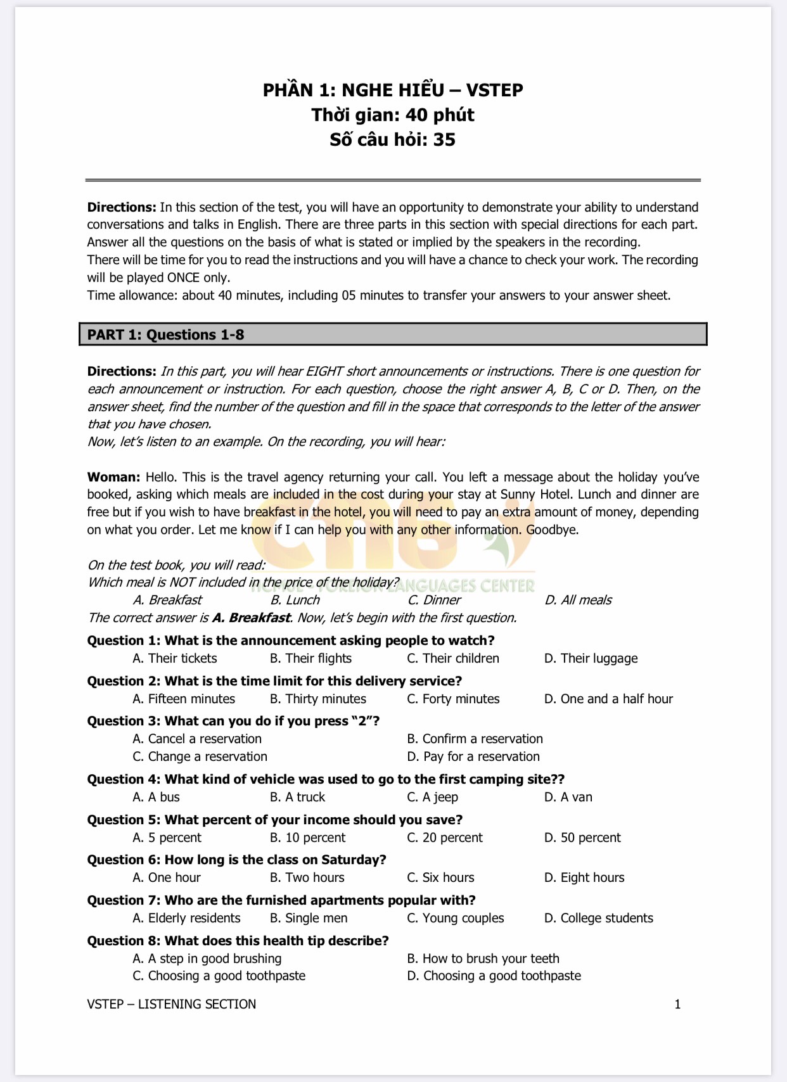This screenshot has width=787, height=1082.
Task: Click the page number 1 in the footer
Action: pyautogui.click(x=677, y=1004)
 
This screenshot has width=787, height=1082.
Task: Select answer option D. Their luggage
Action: pyautogui.click(x=591, y=658)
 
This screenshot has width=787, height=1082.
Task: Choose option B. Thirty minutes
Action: pyautogui.click(x=318, y=699)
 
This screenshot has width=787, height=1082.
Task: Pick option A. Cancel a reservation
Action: pyautogui.click(x=197, y=739)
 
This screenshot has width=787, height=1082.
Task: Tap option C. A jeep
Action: pyautogui.click(x=432, y=797)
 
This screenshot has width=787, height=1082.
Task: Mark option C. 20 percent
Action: pyautogui.click(x=445, y=837)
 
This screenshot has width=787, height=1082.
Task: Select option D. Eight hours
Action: pyautogui.click(x=584, y=877)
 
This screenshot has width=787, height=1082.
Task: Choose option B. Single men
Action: pyautogui.click(x=309, y=918)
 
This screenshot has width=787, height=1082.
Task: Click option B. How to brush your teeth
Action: pyautogui.click(x=483, y=958)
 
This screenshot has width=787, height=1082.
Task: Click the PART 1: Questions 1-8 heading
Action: pyautogui.click(x=166, y=334)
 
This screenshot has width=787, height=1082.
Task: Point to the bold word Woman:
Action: pyautogui.click(x=114, y=477)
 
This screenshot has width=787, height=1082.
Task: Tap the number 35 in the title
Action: pyautogui.click(x=444, y=139)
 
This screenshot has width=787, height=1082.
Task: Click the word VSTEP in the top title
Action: pyautogui.click(x=494, y=90)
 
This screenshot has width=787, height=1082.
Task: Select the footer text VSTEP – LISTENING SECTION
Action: pyautogui.click(x=172, y=1004)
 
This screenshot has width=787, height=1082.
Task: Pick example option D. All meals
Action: pyautogui.click(x=579, y=600)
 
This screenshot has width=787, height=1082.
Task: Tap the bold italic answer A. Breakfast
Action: pyautogui.click(x=251, y=618)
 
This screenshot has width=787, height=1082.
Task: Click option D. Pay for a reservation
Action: pyautogui.click(x=473, y=756)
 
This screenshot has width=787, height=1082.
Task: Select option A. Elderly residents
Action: pyautogui.click(x=187, y=918)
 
